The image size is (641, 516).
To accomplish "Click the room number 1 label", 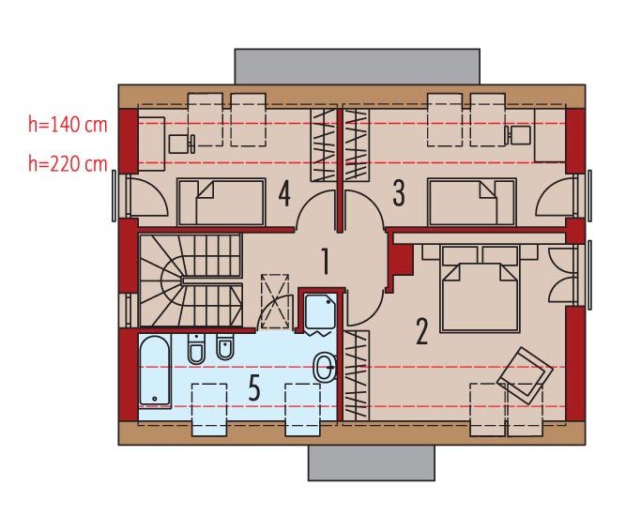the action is coord(326,261).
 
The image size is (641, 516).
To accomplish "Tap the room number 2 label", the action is coord(421,331).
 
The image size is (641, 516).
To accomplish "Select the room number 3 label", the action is coord(399,193).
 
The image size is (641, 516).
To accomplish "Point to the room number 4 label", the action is coord(284,193).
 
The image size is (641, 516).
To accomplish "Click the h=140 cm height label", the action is coord(68,124).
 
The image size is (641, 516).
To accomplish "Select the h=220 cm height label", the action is coord(68,164).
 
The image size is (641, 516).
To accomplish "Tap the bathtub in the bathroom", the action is coord(155,371).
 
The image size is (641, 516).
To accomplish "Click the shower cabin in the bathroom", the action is coord(321,313).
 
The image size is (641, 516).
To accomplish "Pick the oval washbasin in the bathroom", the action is coord(326,367).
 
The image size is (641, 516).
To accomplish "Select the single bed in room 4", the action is coord(221,202).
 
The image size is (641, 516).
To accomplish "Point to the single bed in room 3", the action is coord(472,202).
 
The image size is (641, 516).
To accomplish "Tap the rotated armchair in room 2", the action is coord(525,373).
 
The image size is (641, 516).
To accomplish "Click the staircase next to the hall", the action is coord(191,280).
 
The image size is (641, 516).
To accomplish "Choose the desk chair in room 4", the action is coord(181,144).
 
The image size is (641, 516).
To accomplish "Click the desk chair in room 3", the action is coord(517,135).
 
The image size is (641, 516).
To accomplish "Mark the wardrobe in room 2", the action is coord(356,375).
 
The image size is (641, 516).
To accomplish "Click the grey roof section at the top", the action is coord(358,67).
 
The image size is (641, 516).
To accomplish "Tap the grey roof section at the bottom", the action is coord(372,463).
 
